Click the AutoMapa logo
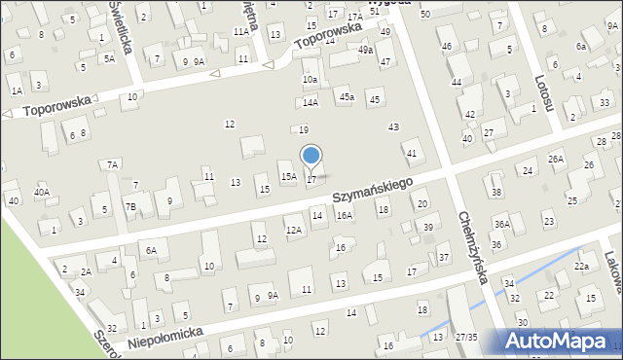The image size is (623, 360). [x=559, y=341]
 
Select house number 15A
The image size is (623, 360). [x=289, y=176]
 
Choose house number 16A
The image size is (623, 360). [x=344, y=215]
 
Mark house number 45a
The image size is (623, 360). [x=346, y=96]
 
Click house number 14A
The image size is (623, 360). [x=310, y=102]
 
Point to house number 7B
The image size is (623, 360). [x=129, y=206]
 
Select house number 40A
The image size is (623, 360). [x=42, y=192]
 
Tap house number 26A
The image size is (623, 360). [x=556, y=159]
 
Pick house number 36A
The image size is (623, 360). [x=501, y=224]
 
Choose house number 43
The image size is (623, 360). [x=393, y=127]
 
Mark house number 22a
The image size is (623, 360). [x=581, y=266]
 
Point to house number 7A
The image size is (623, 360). [x=113, y=164]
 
